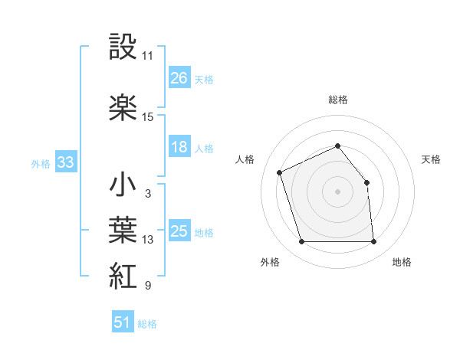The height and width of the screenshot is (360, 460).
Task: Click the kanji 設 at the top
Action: [123, 47]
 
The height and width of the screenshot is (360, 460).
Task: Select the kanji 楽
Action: [123, 106]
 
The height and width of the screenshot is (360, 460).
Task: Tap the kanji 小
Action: [123, 184]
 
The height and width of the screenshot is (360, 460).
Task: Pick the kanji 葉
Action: [123, 229]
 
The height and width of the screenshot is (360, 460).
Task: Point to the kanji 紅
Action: [123, 275]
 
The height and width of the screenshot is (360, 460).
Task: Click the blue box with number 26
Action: [179, 78]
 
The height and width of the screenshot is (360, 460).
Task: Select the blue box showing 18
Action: [179, 147]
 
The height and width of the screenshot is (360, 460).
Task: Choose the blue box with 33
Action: [65, 162]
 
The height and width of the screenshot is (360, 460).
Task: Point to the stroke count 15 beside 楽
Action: [148, 117]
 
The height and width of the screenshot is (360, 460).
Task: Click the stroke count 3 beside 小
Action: [147, 194]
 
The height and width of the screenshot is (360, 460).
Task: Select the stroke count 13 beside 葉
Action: [148, 240]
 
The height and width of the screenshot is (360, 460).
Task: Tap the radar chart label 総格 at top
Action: [338, 100]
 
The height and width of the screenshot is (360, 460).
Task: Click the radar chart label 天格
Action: [431, 159]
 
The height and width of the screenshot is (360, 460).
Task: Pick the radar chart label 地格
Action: [402, 262]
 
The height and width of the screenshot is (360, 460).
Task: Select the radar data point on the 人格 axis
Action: [281, 172]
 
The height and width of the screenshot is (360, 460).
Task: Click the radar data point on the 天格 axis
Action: [366, 182]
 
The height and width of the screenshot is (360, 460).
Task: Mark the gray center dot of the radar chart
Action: [338, 191]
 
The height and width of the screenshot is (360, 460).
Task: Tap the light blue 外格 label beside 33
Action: [41, 163]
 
